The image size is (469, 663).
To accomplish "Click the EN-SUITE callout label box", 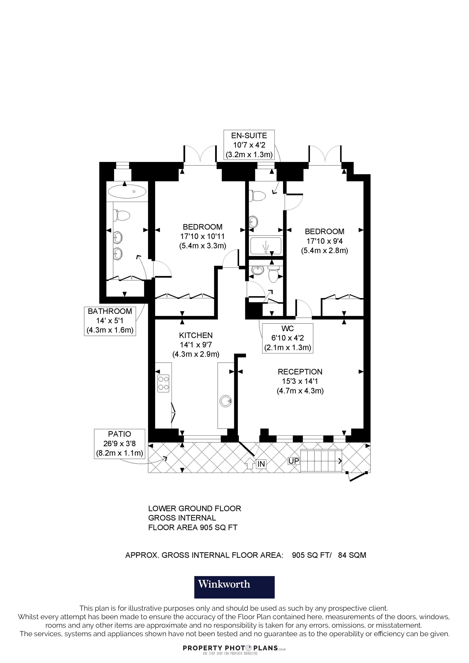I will pyautogui.click(x=249, y=145).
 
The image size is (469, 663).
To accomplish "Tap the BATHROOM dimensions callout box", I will pyautogui.click(x=110, y=321).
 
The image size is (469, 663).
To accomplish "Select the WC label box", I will pyautogui.click(x=288, y=338).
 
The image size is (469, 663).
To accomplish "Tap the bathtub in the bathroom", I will pyautogui.click(x=127, y=191).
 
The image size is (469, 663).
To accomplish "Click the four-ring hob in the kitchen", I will pyautogui.click(x=163, y=383).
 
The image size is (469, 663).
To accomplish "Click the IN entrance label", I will pyautogui.click(x=261, y=464).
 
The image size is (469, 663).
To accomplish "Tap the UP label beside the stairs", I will pyautogui.click(x=294, y=461).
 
